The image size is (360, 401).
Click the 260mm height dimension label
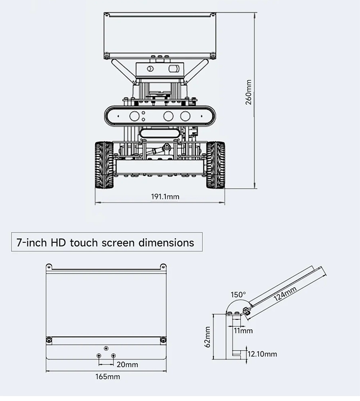pyautogui.click(x=248, y=92)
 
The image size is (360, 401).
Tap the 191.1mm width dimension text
pyautogui.click(x=165, y=197)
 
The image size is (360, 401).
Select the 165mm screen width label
pyautogui.click(x=108, y=377)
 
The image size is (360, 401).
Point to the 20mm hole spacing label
pyautogui.click(x=127, y=364)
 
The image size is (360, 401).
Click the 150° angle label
pyautogui.click(x=238, y=294)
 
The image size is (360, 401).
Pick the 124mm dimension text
pyautogui.click(x=285, y=294)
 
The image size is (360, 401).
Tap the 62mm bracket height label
pyautogui.click(x=208, y=337)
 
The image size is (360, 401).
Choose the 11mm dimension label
pyautogui.click(x=243, y=331)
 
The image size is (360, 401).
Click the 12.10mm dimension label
pyautogui.click(x=262, y=354)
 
